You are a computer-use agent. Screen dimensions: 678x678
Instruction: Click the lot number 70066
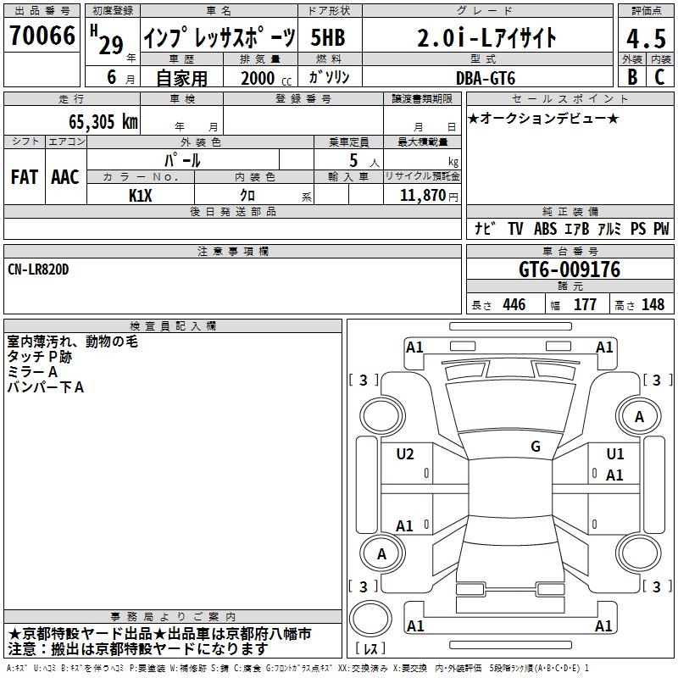pyautogui.click(x=42, y=36)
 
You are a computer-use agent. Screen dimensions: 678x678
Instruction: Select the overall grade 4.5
pyautogui.click(x=646, y=38)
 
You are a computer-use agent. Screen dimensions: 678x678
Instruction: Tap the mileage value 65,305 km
pyautogui.click(x=103, y=121)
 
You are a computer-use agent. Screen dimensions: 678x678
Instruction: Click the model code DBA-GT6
pyautogui.click(x=486, y=78)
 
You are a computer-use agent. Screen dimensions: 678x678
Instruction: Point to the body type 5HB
pyautogui.click(x=328, y=37)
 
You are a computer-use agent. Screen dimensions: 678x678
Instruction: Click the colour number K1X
pyautogui.click(x=141, y=196)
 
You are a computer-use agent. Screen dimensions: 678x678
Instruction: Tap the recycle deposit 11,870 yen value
pyautogui.click(x=429, y=196)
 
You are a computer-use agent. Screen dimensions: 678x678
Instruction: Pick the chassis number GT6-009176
pyautogui.click(x=570, y=270)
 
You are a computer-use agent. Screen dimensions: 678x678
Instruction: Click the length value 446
pyautogui.click(x=514, y=304)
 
